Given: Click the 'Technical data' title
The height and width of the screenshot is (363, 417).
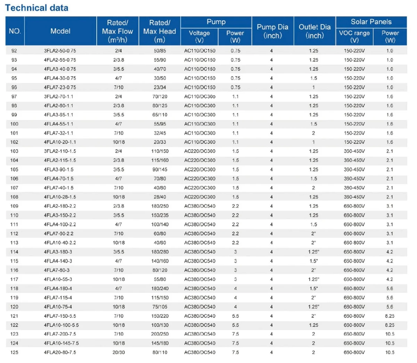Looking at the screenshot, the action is [37, 8].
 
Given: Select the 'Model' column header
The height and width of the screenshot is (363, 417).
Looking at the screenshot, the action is [60, 31].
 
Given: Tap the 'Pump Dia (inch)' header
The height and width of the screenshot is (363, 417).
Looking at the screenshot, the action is [272, 31].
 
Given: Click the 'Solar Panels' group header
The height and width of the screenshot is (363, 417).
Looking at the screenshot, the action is [371, 22].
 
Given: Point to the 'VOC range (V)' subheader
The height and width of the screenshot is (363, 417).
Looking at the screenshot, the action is [354, 36].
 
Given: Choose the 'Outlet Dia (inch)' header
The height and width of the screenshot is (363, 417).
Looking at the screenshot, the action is [314, 31].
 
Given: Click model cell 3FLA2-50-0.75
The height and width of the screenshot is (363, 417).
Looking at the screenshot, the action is [60, 51].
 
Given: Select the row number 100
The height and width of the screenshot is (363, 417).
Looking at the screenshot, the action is [14, 124].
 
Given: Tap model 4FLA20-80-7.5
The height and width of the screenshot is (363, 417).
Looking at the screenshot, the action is [60, 352].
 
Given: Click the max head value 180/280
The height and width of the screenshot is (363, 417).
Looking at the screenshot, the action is [160, 252].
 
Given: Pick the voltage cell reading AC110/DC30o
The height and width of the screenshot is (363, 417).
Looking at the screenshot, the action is [200, 97].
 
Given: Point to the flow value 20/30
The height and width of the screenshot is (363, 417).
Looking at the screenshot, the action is [118, 352].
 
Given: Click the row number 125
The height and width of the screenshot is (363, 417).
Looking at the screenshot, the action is [14, 352].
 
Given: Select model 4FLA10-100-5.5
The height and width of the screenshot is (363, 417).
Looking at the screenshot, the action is [62, 325].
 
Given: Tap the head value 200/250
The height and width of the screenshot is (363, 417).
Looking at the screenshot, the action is [160, 334].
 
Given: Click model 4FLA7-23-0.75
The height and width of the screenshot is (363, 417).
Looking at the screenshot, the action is [60, 88].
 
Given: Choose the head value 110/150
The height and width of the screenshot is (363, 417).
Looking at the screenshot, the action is [160, 151].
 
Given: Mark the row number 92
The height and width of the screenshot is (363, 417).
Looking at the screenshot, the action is [14, 51].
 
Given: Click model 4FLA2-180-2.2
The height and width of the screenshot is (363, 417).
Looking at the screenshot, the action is [60, 206].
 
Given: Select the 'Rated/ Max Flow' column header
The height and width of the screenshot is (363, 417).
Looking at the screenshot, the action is [117, 31].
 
